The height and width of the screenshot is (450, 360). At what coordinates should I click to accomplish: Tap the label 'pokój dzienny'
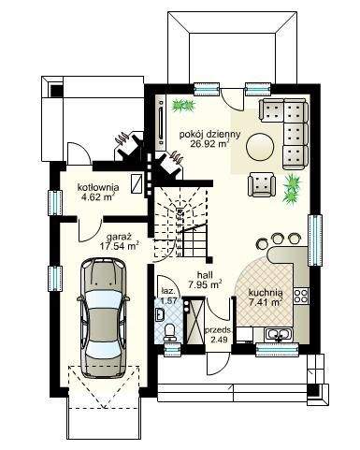pyautogui.click(x=209, y=135)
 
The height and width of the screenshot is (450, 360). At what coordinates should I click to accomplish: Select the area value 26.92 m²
pyautogui.click(x=209, y=143)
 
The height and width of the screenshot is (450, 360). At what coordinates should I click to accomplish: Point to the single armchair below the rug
pyautogui.click(x=262, y=184)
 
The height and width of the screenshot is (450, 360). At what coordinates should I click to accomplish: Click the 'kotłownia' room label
pyautogui.click(x=98, y=188)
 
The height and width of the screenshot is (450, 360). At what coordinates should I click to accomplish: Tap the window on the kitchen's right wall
pyautogui.click(x=315, y=240)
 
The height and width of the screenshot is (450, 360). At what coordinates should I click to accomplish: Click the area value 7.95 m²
pyautogui.click(x=205, y=284)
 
